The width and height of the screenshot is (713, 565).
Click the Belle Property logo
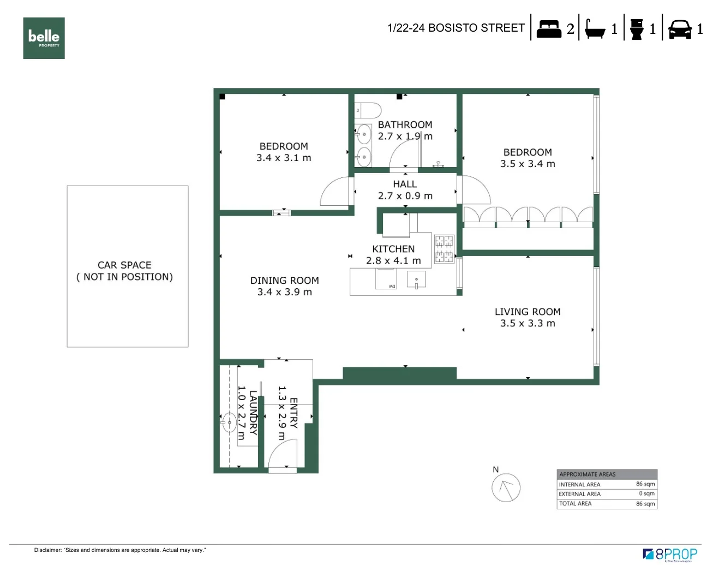pos(44,38)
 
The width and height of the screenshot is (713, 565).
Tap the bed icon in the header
pos(549,28)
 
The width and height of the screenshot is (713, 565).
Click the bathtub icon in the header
pos(595,29)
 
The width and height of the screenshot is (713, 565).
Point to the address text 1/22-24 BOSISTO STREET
pos(456,28)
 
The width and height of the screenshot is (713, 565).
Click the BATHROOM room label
pos(405,125)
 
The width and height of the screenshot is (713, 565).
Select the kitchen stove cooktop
pos(444,249)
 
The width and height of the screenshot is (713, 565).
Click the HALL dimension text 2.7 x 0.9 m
pos(405,196)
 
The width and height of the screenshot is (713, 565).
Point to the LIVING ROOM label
pos(528,312)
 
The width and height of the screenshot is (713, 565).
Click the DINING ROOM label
pos(284,281)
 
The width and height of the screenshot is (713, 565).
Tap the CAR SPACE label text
pos(124,265)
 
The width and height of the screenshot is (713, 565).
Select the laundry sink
pos(229,422)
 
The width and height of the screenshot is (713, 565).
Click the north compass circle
pos(506,487)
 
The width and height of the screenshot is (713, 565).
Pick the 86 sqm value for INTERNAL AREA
pos(645,484)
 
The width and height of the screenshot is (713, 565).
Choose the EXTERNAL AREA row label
pos(579,494)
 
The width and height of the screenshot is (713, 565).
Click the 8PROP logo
pos(670,554)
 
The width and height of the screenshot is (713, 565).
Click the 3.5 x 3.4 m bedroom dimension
pos(528,164)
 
